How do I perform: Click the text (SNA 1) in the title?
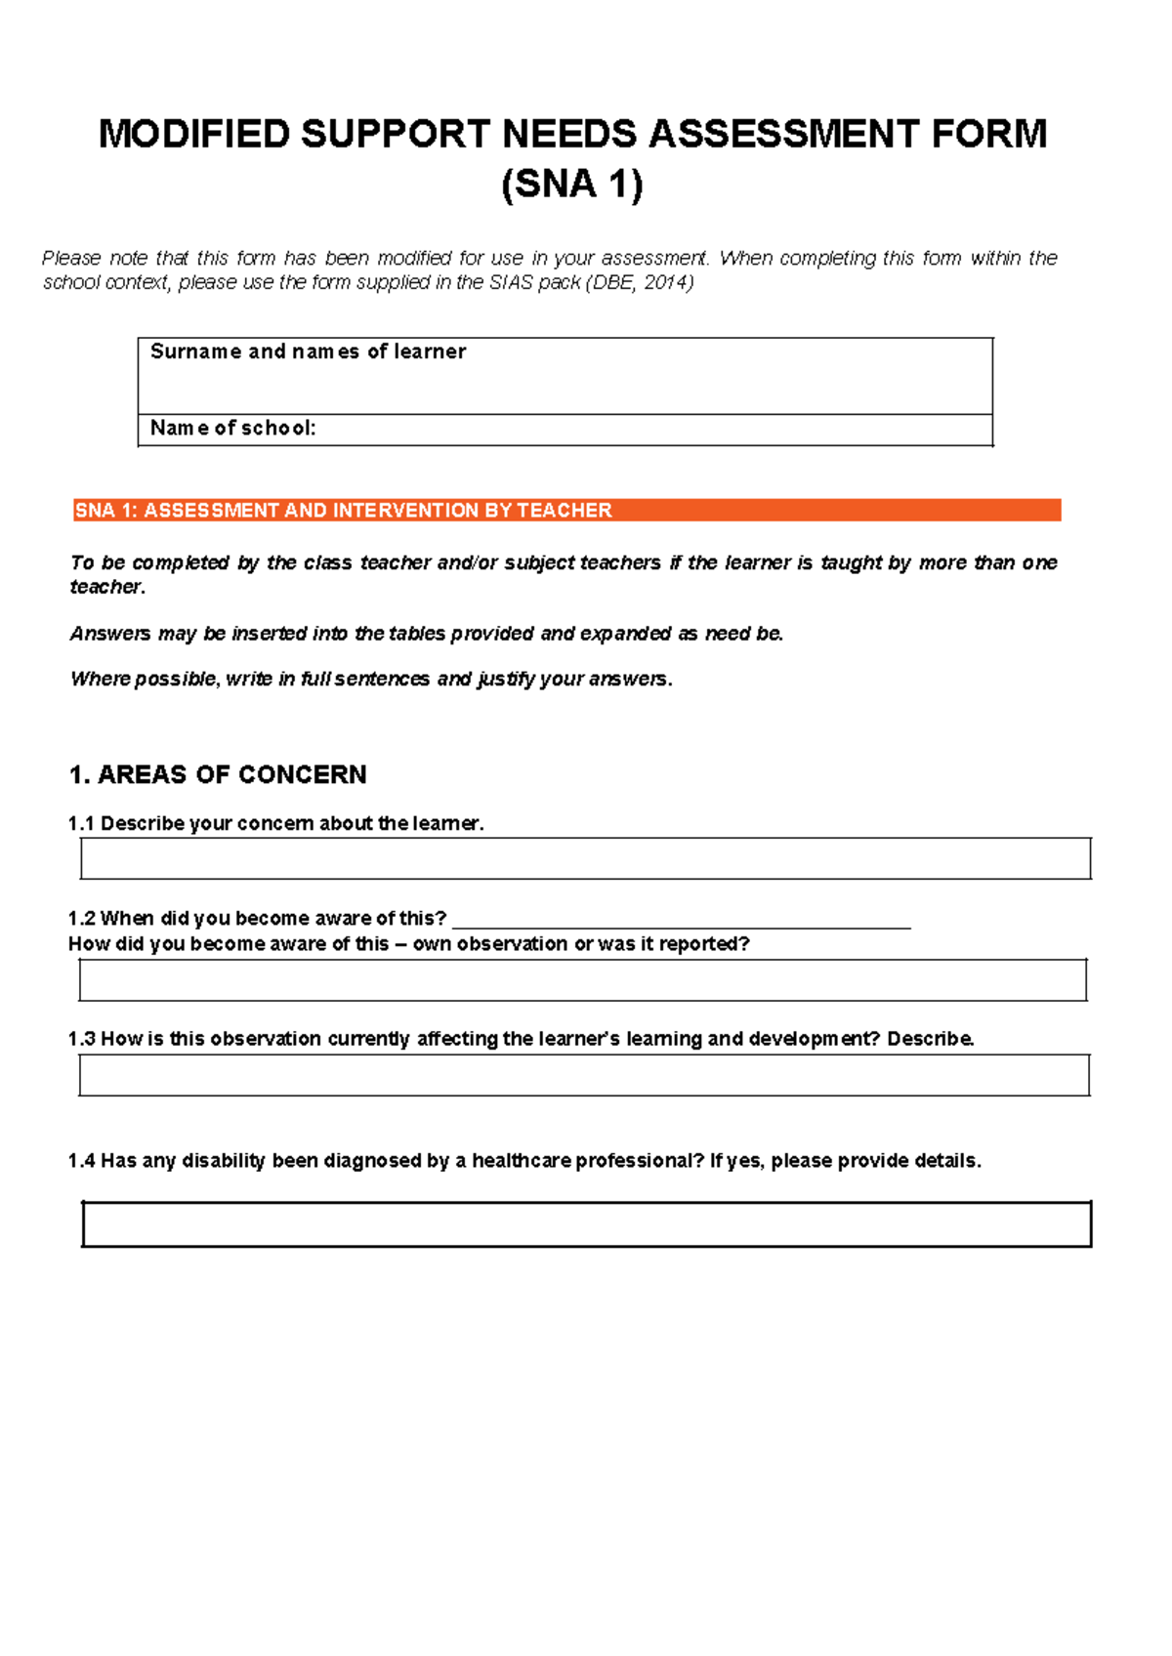click(572, 185)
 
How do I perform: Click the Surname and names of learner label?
click(308, 352)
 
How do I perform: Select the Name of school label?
click(232, 428)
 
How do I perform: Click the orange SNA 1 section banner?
click(566, 510)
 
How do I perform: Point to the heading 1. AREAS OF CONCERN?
click(218, 774)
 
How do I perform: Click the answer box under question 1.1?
click(585, 858)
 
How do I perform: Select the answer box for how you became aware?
click(582, 979)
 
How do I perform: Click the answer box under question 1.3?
click(584, 1075)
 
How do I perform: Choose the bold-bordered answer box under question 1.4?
click(586, 1224)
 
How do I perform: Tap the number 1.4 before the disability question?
click(81, 1161)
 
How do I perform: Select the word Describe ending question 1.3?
click(930, 1039)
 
